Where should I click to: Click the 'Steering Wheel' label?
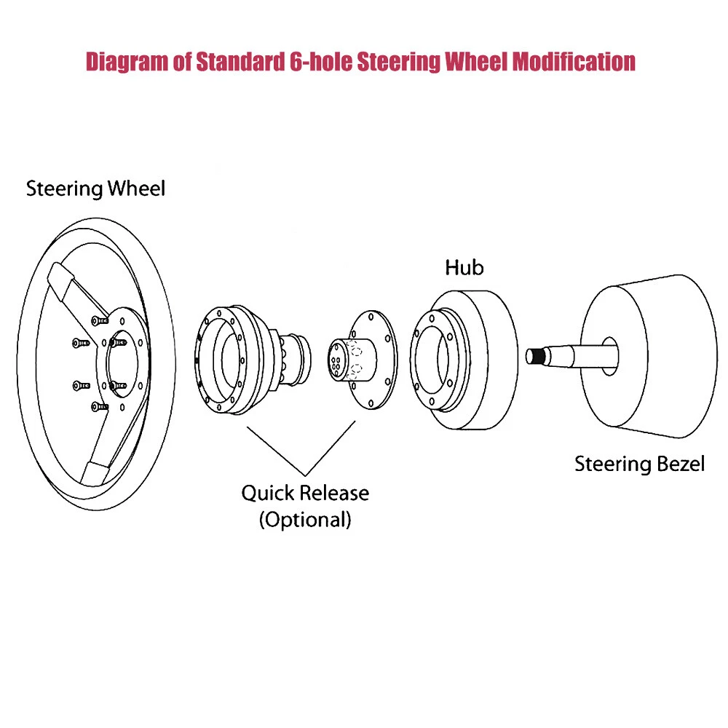pyautogui.click(x=95, y=189)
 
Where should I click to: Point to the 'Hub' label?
pyautogui.click(x=464, y=267)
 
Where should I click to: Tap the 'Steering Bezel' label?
pyautogui.click(x=639, y=463)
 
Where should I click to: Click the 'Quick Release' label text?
pyautogui.click(x=305, y=493)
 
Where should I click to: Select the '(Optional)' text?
pyautogui.click(x=305, y=520)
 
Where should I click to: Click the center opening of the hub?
pyautogui.click(x=434, y=357)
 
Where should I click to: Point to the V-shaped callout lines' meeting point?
pyautogui.click(x=306, y=474)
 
